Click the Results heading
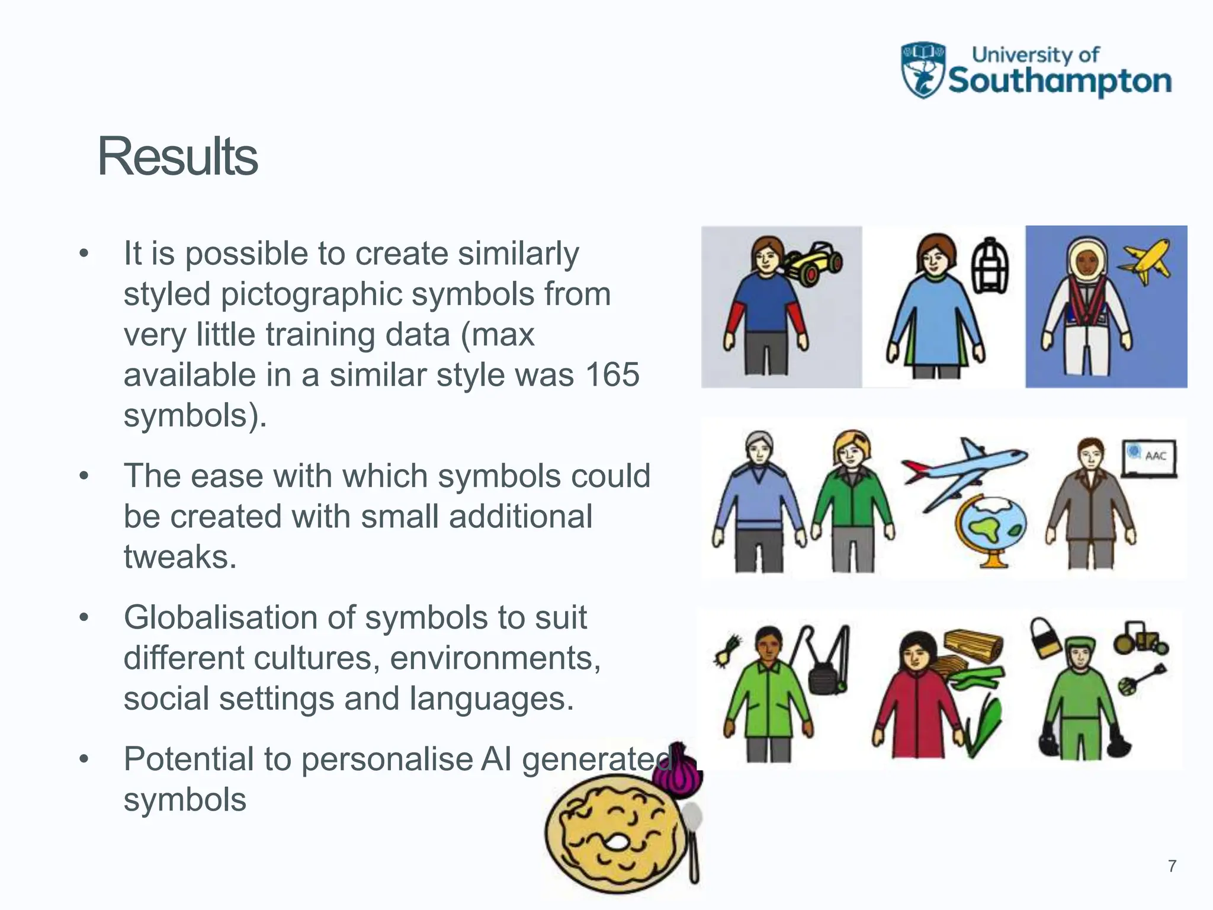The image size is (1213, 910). click(177, 156)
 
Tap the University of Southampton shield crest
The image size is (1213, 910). click(922, 70)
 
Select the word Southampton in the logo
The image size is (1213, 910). click(1060, 82)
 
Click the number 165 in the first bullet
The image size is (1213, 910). click(612, 374)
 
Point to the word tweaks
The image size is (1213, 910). click(180, 557)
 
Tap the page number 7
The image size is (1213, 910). click(1172, 866)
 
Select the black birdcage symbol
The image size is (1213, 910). click(990, 266)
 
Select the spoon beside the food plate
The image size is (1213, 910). click(693, 841)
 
